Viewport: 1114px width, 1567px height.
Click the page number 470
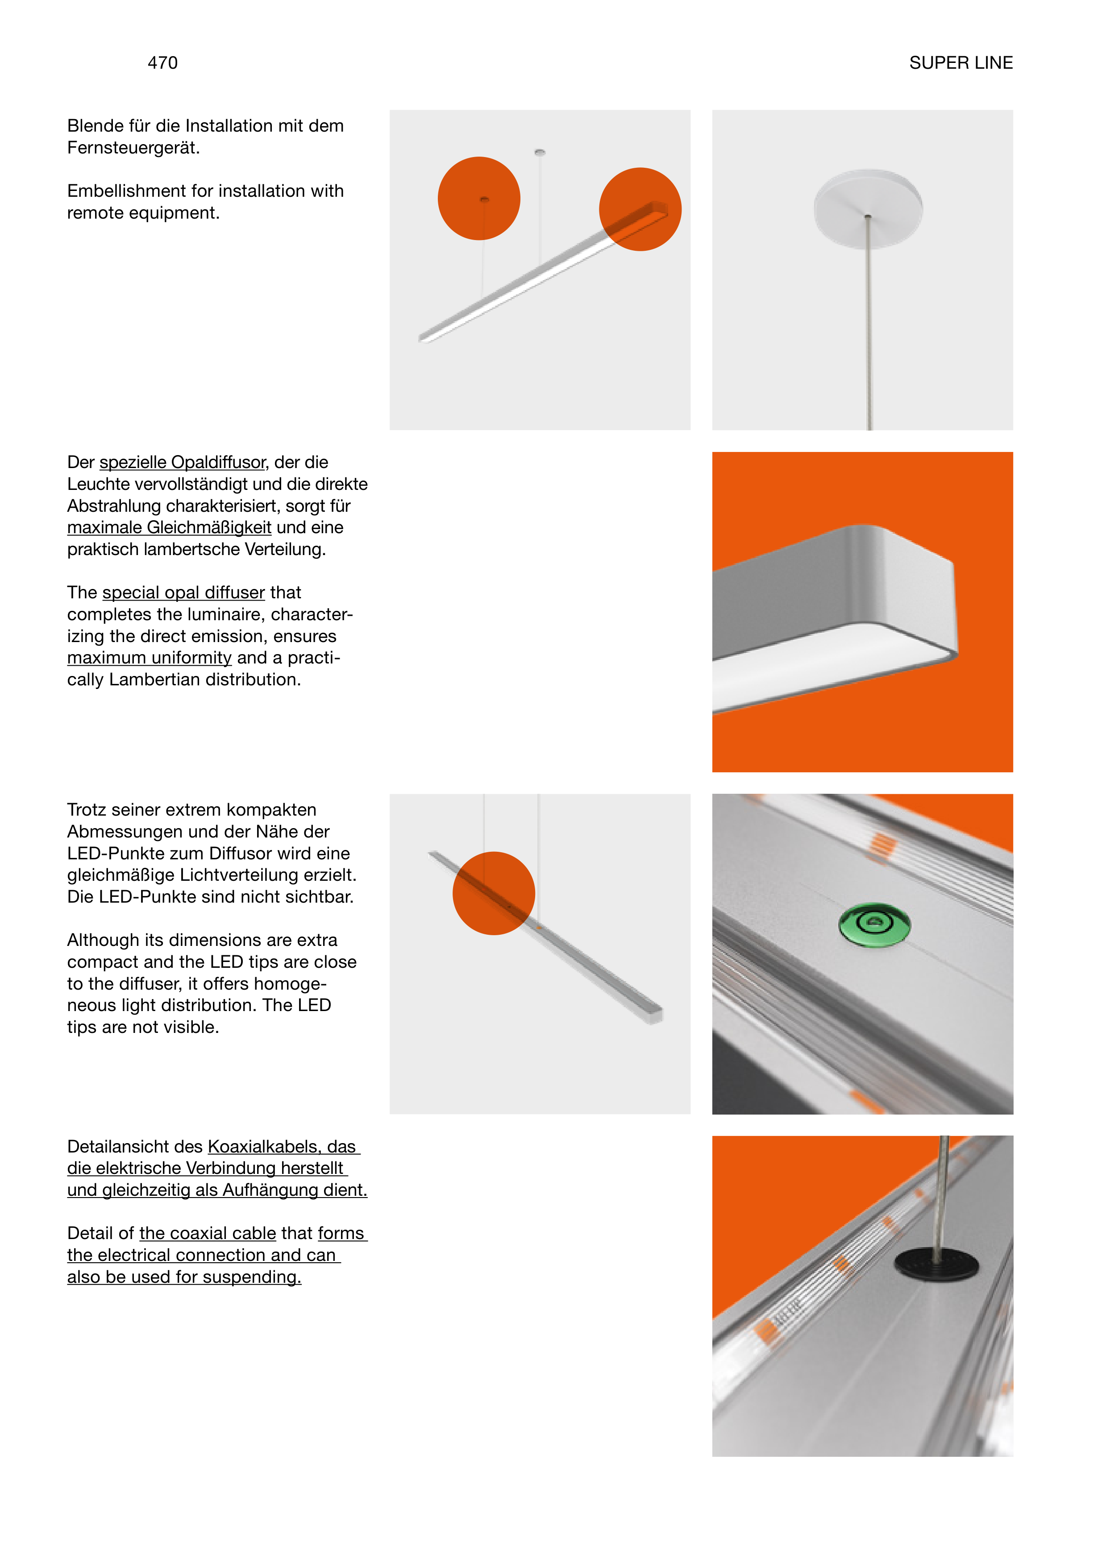(162, 63)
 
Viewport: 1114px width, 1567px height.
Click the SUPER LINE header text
(960, 63)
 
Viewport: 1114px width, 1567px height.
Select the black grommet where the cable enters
(936, 1264)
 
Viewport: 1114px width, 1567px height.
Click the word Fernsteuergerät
(133, 148)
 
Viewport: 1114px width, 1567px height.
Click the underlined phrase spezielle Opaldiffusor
(183, 463)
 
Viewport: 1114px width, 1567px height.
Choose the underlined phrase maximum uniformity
(150, 659)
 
